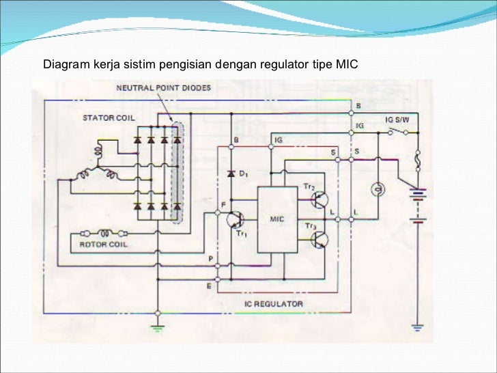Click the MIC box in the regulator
click(277, 219)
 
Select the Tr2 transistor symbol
click(319, 199)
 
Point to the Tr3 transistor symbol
click(319, 239)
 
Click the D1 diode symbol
click(231, 174)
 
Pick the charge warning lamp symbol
click(374, 188)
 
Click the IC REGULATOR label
click(274, 303)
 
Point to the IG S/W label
click(397, 119)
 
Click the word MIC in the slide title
click(346, 66)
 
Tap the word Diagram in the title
click(64, 66)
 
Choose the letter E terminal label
click(210, 286)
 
